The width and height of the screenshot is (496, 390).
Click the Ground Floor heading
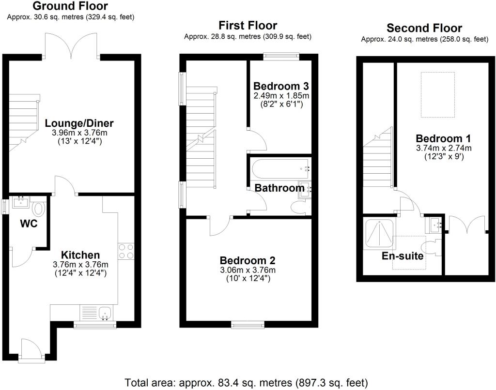pyautogui.click(x=70, y=6)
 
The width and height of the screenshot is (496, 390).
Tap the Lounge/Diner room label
pyautogui.click(x=79, y=123)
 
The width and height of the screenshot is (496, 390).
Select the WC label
pyautogui.click(x=29, y=224)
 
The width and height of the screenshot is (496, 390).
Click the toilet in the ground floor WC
pyautogui.click(x=39, y=210)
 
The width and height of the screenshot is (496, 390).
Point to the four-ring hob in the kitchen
pyautogui.click(x=126, y=251)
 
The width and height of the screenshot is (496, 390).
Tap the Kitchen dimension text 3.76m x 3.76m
pyautogui.click(x=80, y=264)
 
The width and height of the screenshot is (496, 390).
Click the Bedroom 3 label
pyautogui.click(x=281, y=86)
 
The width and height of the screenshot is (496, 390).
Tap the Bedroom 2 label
pyautogui.click(x=248, y=260)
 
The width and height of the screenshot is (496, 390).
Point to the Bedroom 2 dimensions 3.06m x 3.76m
pyautogui.click(x=248, y=270)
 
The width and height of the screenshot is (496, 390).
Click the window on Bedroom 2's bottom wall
pyautogui.click(x=248, y=324)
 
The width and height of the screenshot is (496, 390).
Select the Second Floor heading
pyautogui.click(x=424, y=28)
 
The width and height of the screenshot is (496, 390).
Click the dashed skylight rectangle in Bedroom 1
pyautogui.click(x=437, y=94)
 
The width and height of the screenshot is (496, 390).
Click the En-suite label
pyautogui.click(x=403, y=255)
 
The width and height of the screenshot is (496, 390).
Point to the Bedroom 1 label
pyautogui.click(x=443, y=138)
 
